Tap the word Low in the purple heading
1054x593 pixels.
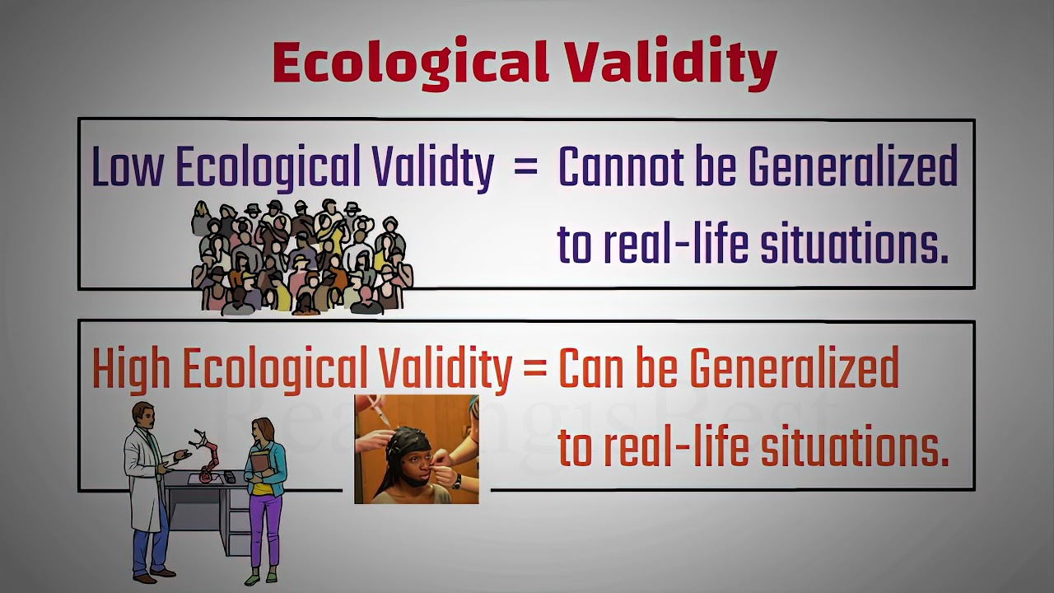tap(128, 167)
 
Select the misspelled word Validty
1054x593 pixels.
tap(433, 167)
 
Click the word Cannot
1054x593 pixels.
tap(621, 167)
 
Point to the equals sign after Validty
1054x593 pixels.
tap(525, 167)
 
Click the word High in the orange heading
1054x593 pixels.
tap(131, 369)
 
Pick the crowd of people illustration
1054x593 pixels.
tap(301, 257)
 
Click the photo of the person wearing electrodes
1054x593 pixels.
tap(416, 449)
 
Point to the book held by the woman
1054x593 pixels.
tap(257, 466)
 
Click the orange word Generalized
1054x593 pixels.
tap(794, 369)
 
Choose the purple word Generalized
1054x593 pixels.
tap(853, 167)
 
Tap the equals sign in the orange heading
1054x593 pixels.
tap(534, 369)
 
